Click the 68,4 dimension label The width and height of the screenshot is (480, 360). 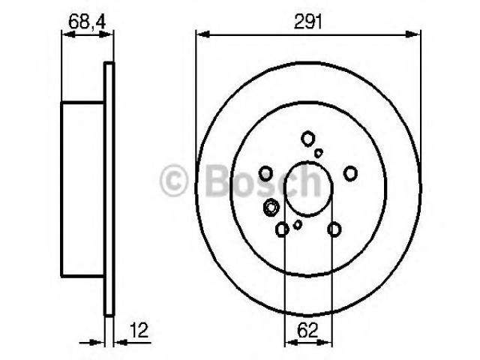(x=87, y=22)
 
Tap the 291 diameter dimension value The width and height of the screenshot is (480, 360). (x=308, y=22)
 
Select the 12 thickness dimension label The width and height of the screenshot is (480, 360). (x=139, y=330)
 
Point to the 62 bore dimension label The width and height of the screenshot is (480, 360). (x=308, y=330)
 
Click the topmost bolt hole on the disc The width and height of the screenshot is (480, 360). (x=307, y=138)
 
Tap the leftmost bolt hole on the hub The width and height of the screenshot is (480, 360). (x=265, y=173)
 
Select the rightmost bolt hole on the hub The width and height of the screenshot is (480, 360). (x=350, y=173)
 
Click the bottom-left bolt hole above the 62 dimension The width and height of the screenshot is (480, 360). (x=282, y=229)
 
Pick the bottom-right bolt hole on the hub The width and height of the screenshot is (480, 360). (x=334, y=229)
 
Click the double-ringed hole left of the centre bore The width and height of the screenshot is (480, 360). (x=271, y=207)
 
